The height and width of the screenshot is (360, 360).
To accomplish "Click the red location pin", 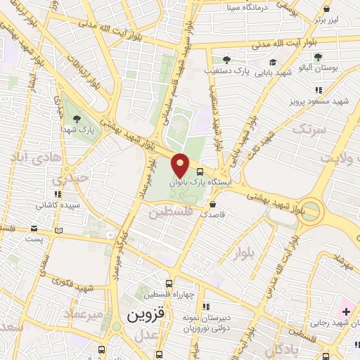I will [181, 165].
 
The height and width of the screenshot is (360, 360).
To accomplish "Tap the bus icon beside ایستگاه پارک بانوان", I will [201, 171].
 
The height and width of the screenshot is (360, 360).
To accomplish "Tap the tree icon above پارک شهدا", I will [76, 118].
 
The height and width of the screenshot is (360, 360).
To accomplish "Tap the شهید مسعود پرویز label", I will [319, 102].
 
